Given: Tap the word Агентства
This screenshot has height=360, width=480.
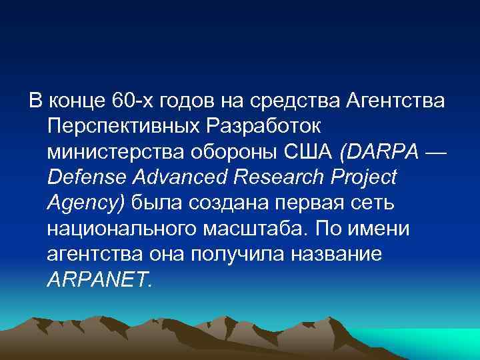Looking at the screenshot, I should click(x=397, y=101).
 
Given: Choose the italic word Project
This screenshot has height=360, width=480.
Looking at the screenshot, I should click(x=365, y=177).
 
